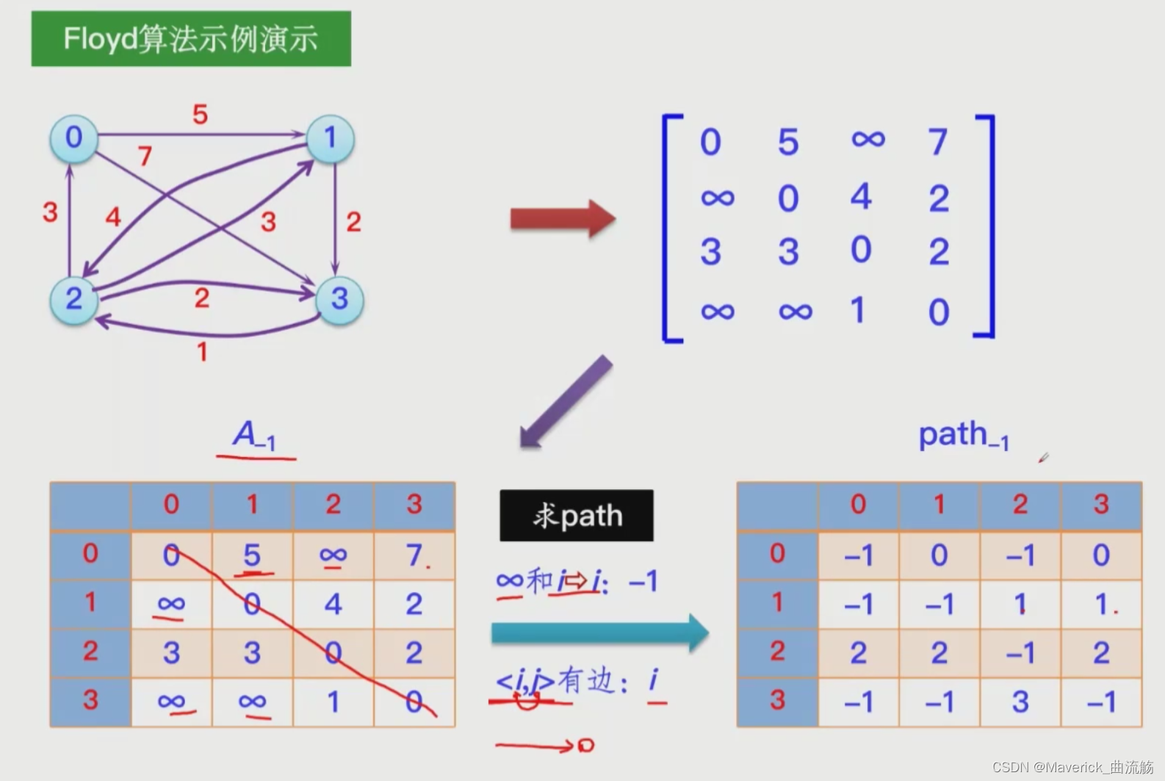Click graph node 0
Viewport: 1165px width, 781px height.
tap(73, 138)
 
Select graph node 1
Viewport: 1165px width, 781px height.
tap(330, 138)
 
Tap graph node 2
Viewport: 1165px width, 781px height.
tap(73, 299)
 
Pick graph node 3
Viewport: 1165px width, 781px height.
tap(339, 299)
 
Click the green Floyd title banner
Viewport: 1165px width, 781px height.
tap(191, 39)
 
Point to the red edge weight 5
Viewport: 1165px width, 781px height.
tap(200, 115)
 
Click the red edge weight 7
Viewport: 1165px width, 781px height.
tap(145, 156)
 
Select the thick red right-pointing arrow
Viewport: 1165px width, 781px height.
tap(563, 218)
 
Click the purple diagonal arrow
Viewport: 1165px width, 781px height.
tap(566, 401)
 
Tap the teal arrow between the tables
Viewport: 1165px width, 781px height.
tap(599, 633)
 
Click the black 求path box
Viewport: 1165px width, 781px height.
tap(577, 516)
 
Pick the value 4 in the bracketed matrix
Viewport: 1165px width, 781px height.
tap(861, 197)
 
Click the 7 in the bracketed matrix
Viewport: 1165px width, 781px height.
tap(938, 141)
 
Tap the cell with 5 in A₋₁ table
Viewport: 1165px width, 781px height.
tap(252, 555)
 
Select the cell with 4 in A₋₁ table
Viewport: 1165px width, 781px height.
tap(333, 604)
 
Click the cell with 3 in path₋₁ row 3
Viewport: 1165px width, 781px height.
tap(1020, 702)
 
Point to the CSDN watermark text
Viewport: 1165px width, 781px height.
tap(1072, 767)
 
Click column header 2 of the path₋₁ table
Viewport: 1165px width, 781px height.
tap(1020, 505)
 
